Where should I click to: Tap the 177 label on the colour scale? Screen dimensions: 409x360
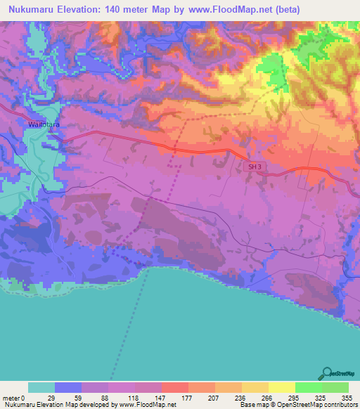click(187, 397)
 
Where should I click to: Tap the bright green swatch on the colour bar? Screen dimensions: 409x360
click(308, 387)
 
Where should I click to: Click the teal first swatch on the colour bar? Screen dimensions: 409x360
click(41, 387)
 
